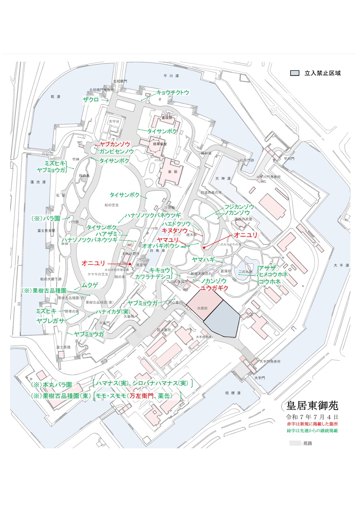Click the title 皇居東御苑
click(x=312, y=405)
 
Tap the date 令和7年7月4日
click(x=312, y=417)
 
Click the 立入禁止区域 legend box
click(x=295, y=73)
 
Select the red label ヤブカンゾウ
click(x=115, y=144)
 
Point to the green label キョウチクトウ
click(x=173, y=93)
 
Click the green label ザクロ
click(x=91, y=100)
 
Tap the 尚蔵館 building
click(x=202, y=308)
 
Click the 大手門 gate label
click(x=260, y=378)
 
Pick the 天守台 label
click(x=114, y=122)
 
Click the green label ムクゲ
click(x=90, y=285)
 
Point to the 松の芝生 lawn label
click(x=112, y=205)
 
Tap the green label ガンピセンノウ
click(x=117, y=151)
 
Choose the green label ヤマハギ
click(x=204, y=260)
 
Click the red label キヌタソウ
click(x=175, y=230)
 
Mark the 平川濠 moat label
click(x=171, y=76)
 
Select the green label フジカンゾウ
click(x=239, y=207)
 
